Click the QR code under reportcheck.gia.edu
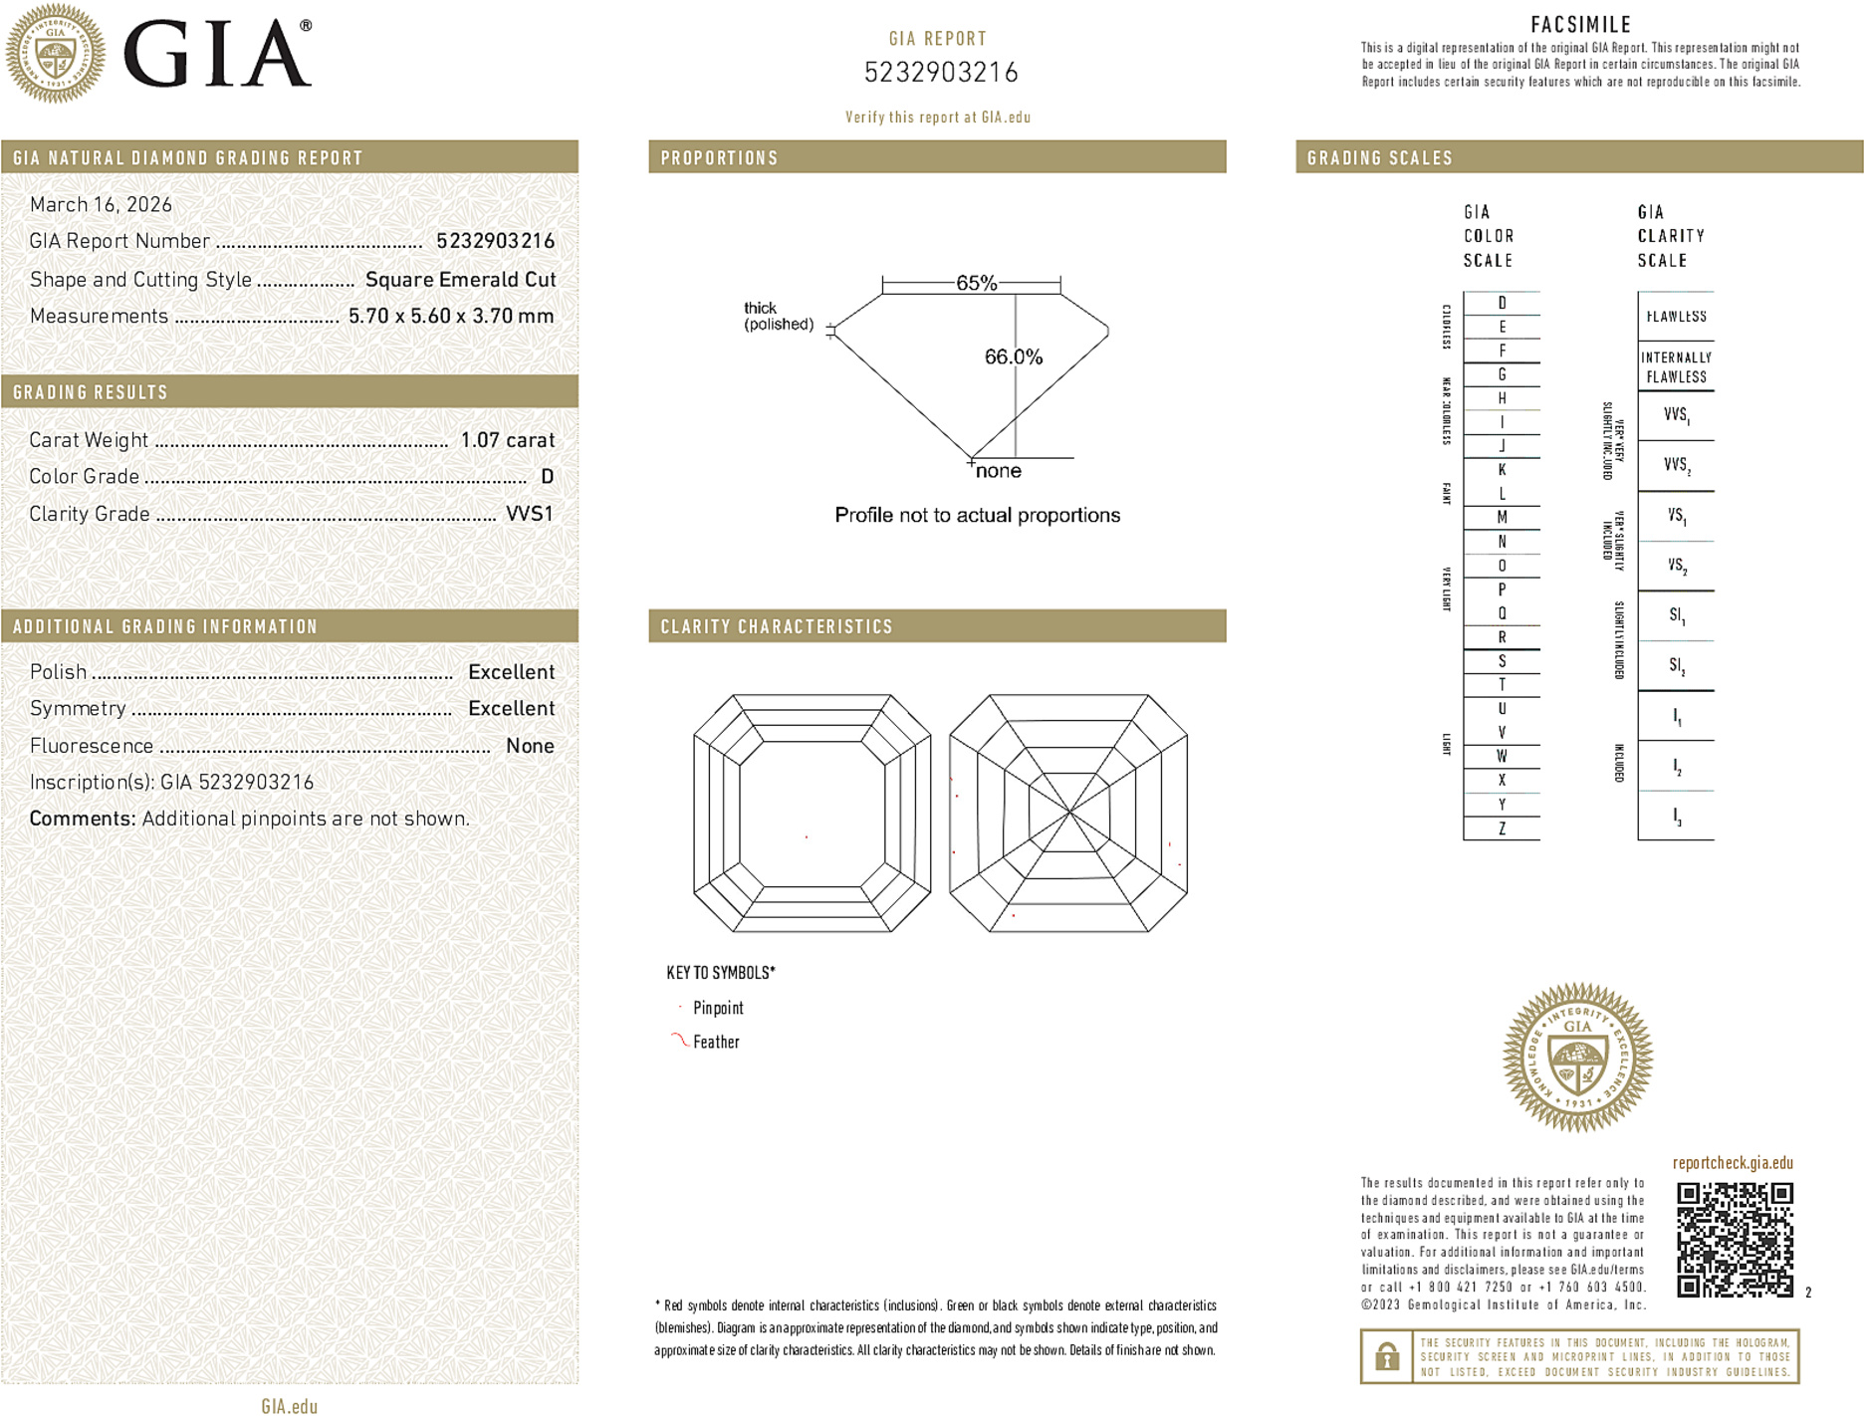(x=1734, y=1239)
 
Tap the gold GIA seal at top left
(x=56, y=53)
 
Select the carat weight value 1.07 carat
(x=507, y=440)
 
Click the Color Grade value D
(x=547, y=477)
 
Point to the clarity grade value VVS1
(x=529, y=514)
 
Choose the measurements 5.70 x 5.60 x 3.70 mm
(x=451, y=317)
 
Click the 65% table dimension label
(x=976, y=283)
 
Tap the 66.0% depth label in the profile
(x=1013, y=356)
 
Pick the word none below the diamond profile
(x=999, y=471)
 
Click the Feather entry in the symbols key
(x=716, y=1042)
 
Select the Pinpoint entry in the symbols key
(x=718, y=1008)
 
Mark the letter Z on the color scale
(x=1502, y=828)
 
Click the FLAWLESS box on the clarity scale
(x=1676, y=317)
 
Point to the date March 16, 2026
(x=101, y=205)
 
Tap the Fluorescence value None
(x=530, y=746)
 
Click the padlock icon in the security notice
(x=1386, y=1356)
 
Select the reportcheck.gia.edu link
(x=1733, y=1163)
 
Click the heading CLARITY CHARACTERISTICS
(x=777, y=627)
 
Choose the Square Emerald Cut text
(x=460, y=280)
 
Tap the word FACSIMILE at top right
(x=1580, y=25)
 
